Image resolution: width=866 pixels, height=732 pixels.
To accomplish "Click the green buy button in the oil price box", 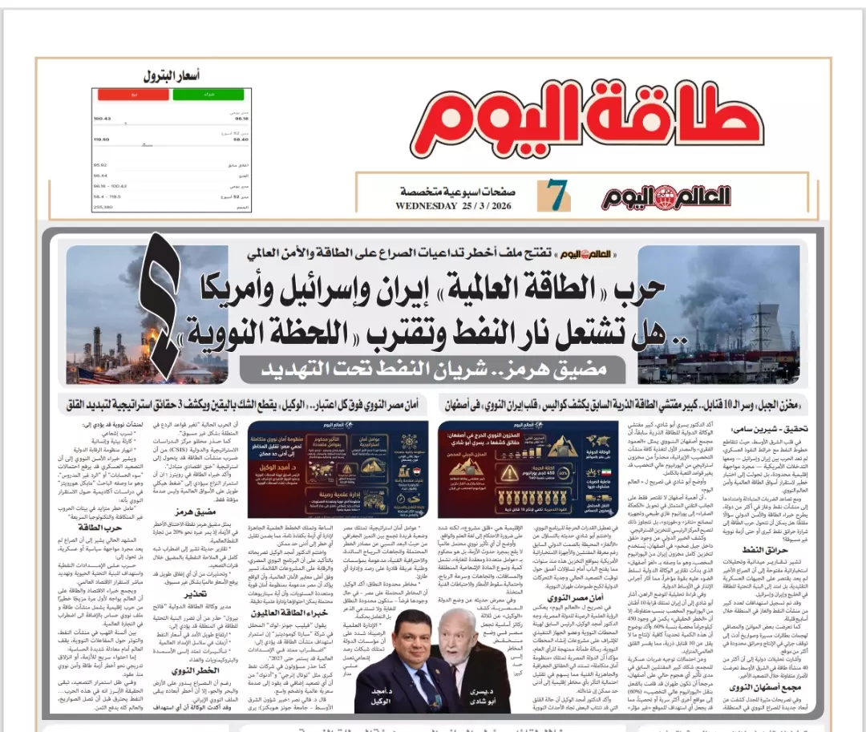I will pyautogui.click(x=196, y=95).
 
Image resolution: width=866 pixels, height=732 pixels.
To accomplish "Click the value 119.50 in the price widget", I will pyautogui.click(x=102, y=138).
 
